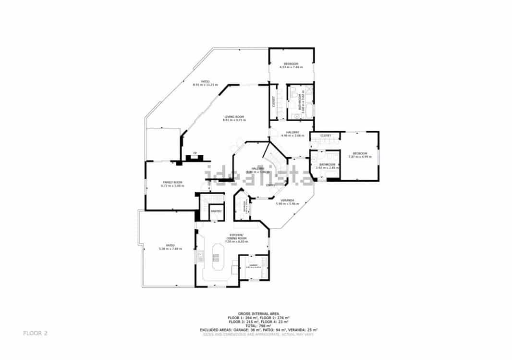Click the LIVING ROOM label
coord(234,117)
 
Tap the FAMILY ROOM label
coord(172,182)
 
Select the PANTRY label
coord(216,211)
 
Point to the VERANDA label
coord(287,200)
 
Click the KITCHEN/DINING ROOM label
coord(236,236)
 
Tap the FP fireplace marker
coord(195,153)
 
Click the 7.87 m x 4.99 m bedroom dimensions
coord(360,156)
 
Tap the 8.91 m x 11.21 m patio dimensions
coord(205,85)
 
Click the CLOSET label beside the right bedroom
coord(326,136)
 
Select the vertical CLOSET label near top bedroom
coord(273,101)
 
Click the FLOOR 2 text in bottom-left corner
coord(36,333)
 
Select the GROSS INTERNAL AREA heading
coord(258,313)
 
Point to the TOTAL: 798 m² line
coord(258,325)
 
